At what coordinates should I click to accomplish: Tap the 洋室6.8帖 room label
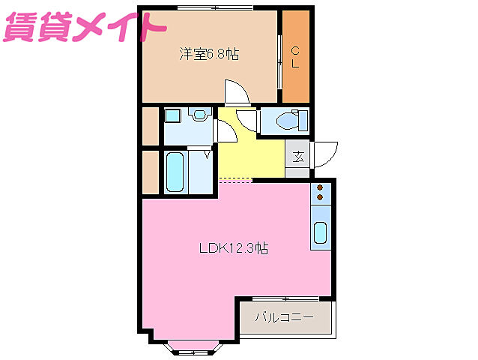click(x=208, y=55)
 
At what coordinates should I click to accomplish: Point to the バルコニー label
click(x=284, y=317)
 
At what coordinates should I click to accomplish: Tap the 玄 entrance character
click(x=298, y=157)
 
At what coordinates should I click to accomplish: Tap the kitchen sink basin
click(x=321, y=233)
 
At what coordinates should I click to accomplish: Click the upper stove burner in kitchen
click(x=321, y=187)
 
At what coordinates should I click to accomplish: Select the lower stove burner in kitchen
click(x=321, y=197)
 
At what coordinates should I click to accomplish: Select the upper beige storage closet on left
click(x=150, y=127)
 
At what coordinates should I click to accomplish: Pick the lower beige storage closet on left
click(x=150, y=171)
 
